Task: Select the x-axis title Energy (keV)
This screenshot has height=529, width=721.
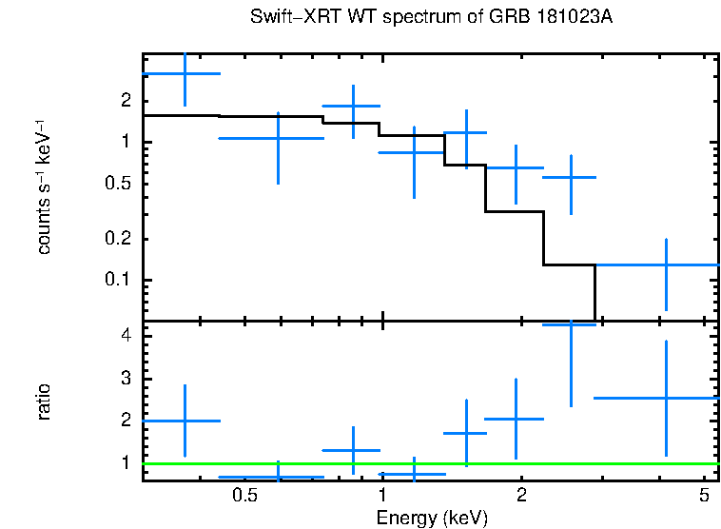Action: coord(432,519)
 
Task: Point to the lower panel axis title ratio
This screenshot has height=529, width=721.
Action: coord(44,402)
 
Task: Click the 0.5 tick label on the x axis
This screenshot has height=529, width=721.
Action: coord(245,496)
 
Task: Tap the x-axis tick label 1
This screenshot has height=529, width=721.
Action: coord(382,496)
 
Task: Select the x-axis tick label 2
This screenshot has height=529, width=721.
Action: coord(521,496)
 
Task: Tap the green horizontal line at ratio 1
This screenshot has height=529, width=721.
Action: coord(428,464)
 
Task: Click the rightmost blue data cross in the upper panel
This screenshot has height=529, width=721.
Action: coord(666,264)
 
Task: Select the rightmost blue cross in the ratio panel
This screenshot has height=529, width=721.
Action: coord(666,398)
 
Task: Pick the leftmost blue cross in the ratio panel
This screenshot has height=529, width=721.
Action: coord(185,421)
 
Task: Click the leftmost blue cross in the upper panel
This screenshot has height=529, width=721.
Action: coord(185,73)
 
